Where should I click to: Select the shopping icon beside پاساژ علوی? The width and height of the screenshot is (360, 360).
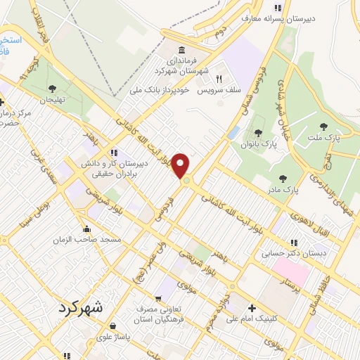coord(112,326)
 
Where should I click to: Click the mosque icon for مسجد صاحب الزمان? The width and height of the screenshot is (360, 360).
coord(87,229)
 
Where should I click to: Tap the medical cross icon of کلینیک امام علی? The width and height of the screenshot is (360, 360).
coord(252,307)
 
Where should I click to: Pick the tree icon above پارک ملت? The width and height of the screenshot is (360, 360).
coord(323,127)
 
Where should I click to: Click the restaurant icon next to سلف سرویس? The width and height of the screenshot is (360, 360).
coord(218,79)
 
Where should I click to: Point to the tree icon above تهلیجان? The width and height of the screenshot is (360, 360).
coord(52,89)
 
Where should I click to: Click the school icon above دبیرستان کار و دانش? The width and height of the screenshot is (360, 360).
coord(114,152)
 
